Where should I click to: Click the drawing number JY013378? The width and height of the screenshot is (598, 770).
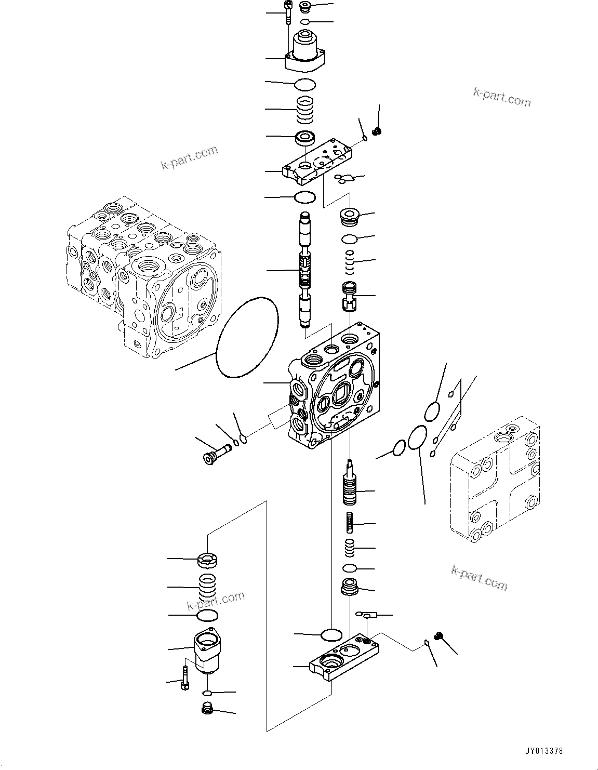543,751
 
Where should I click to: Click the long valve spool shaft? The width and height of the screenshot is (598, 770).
305,270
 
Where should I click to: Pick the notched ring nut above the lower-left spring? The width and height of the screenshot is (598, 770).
207,561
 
